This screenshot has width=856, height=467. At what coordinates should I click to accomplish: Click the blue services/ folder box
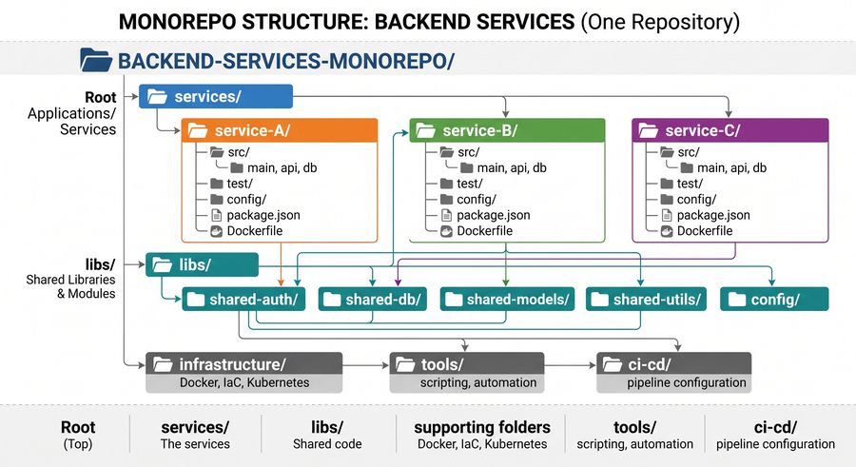(x=216, y=97)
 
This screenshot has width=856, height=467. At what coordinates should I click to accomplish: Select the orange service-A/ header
(x=280, y=130)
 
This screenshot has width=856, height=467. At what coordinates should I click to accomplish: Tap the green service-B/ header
(x=507, y=130)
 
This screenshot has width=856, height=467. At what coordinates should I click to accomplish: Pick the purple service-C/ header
(x=730, y=130)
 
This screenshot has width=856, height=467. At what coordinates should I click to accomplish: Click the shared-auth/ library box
(x=243, y=300)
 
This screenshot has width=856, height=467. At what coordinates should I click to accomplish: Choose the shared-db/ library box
(x=372, y=300)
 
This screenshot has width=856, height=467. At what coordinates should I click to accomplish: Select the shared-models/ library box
(x=507, y=300)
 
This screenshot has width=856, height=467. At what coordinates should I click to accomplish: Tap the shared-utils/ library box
(x=647, y=300)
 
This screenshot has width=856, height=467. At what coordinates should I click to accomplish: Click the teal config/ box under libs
(x=774, y=300)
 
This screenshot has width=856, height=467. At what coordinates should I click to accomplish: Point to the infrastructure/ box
(x=244, y=373)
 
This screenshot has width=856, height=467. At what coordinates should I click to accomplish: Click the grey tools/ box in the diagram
(x=467, y=373)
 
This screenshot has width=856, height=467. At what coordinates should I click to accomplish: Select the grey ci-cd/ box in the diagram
(x=674, y=373)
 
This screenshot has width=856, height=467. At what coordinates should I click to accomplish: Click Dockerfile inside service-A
(x=254, y=231)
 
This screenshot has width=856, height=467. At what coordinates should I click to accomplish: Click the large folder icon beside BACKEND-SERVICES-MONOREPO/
(x=95, y=60)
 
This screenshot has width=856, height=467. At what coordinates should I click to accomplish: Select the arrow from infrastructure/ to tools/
(x=366, y=365)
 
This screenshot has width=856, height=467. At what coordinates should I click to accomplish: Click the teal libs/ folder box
(x=202, y=265)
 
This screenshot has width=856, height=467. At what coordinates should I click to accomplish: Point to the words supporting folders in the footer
(x=482, y=427)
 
